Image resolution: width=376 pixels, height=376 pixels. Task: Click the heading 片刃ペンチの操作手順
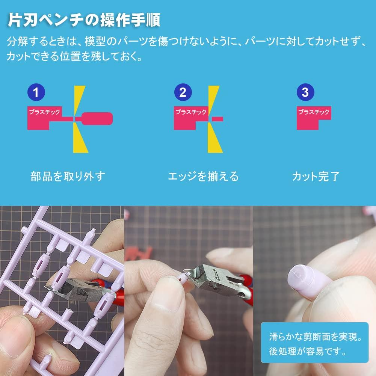84,20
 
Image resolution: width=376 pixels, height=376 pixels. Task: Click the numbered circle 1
36,92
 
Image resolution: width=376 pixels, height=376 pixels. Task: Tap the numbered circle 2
183,92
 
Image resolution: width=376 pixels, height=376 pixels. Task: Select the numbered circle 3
305,92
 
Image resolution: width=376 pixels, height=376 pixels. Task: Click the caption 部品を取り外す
68,176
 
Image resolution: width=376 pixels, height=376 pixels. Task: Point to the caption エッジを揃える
203,176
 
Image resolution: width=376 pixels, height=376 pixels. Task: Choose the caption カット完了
316,176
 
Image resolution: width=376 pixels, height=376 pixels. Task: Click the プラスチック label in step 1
44,112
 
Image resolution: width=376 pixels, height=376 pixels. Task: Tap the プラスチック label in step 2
191,112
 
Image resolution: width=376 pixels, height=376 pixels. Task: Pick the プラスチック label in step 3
313,112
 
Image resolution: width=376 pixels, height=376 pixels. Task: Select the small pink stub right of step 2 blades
218,119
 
